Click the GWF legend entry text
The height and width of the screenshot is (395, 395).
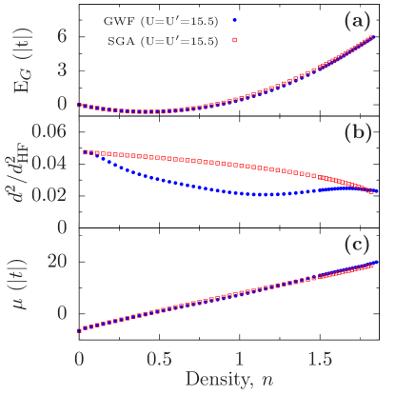point(162,20)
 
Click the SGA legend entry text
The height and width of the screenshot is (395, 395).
point(162,41)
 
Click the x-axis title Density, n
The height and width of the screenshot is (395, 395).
point(231,378)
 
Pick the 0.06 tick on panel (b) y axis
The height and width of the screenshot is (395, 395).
point(49,131)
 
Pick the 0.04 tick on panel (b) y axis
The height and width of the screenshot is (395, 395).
point(49,163)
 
